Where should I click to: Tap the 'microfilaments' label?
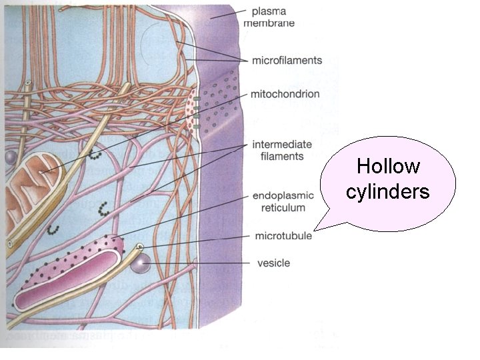point(287,61)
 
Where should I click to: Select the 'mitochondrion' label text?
point(285,94)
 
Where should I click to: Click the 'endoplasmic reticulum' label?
point(279,201)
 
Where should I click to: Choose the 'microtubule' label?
point(283,236)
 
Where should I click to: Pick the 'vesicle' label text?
point(273,263)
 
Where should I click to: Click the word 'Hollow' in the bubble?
point(388,166)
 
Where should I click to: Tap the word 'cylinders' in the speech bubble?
point(388,192)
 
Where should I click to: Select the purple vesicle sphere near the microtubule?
point(140,265)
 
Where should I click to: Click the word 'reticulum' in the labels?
point(279,207)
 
